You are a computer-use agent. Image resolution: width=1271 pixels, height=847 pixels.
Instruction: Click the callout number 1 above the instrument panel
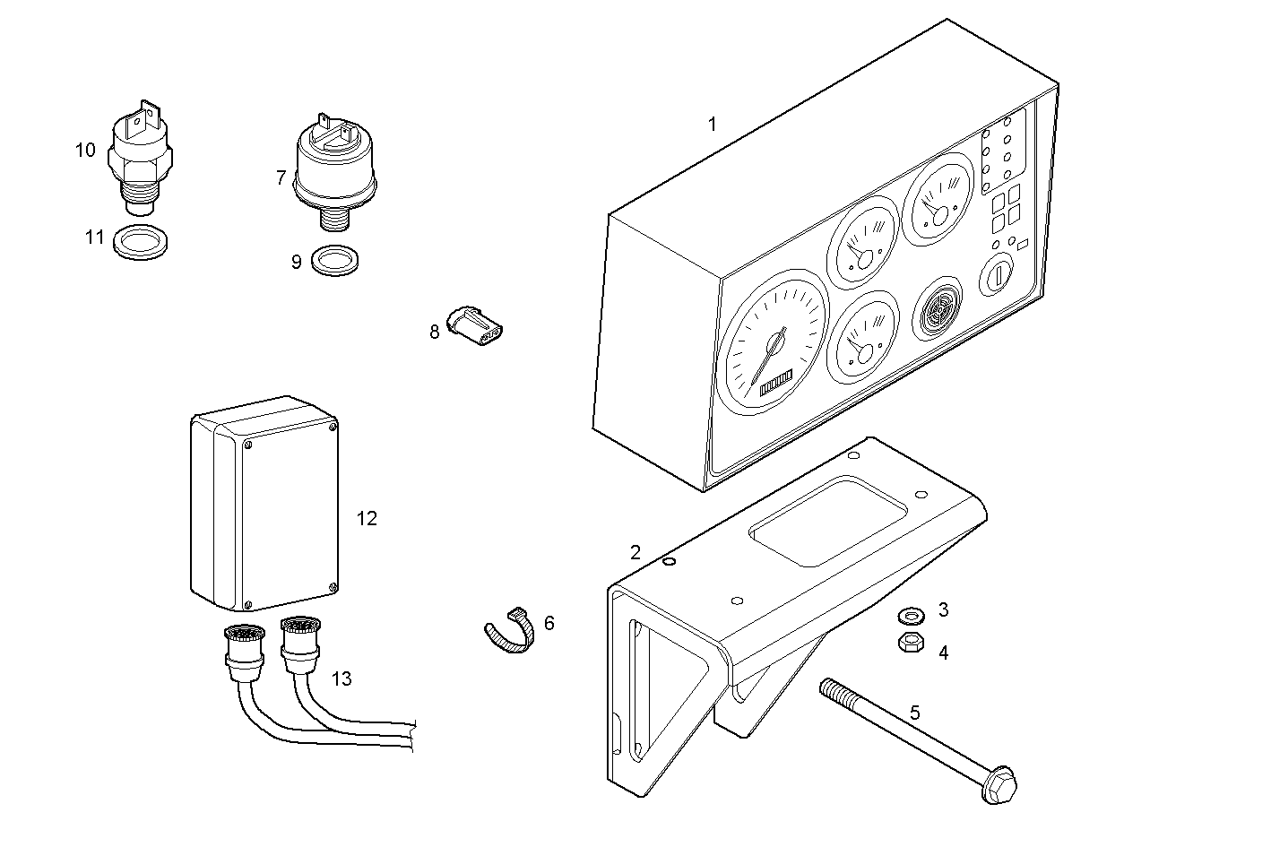(x=713, y=125)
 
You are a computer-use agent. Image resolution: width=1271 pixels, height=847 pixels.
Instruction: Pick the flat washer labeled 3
(x=911, y=616)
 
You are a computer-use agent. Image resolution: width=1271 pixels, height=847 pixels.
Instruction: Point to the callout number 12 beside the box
(x=367, y=519)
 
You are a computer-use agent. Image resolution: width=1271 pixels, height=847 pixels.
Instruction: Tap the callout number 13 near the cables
(x=341, y=678)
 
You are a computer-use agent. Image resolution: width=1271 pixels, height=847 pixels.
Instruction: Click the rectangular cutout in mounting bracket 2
(x=829, y=522)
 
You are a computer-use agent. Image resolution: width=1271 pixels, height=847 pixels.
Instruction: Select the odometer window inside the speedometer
(x=776, y=383)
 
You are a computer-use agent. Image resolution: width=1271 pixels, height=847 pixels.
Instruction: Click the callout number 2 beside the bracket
(x=635, y=552)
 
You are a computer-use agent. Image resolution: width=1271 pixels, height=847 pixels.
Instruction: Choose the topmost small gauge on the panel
(x=937, y=198)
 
